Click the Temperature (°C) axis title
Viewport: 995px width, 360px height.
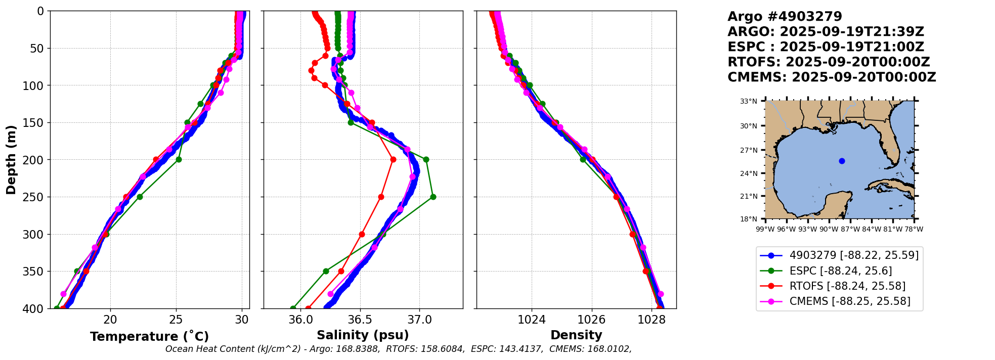(149, 337)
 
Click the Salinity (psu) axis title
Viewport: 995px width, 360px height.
(363, 335)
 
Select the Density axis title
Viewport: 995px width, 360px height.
(576, 335)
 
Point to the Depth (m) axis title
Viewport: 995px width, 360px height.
(11, 160)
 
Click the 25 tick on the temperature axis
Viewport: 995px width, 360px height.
(176, 320)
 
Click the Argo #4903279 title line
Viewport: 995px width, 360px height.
(785, 17)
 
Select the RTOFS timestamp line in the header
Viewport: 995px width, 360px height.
(829, 62)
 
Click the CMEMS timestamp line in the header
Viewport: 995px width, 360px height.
(832, 77)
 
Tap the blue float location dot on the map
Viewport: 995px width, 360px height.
(842, 161)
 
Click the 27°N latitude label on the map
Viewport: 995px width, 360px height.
(749, 150)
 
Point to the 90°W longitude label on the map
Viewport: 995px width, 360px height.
(829, 229)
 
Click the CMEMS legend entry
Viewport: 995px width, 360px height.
(850, 301)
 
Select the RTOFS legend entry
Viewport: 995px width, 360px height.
(847, 286)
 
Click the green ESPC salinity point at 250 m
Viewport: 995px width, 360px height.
(433, 197)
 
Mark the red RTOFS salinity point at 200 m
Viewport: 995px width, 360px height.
(393, 160)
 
